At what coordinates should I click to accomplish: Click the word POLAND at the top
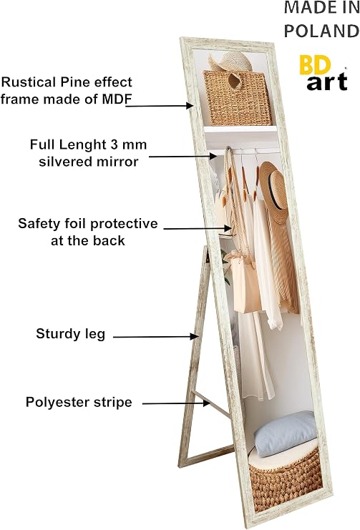click(x=321, y=31)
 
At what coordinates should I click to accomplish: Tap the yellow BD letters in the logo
click(x=315, y=65)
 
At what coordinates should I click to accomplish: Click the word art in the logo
click(x=327, y=82)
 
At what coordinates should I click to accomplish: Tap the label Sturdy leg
click(x=71, y=334)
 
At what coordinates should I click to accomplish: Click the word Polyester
click(x=54, y=402)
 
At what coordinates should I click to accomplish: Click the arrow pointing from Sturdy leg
click(x=155, y=336)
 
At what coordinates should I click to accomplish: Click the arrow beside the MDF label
click(x=160, y=105)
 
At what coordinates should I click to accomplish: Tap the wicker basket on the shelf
click(x=238, y=98)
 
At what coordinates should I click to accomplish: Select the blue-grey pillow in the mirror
click(x=285, y=433)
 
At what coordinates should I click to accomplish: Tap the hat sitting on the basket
click(x=230, y=62)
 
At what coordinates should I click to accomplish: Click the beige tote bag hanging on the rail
click(x=244, y=284)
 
